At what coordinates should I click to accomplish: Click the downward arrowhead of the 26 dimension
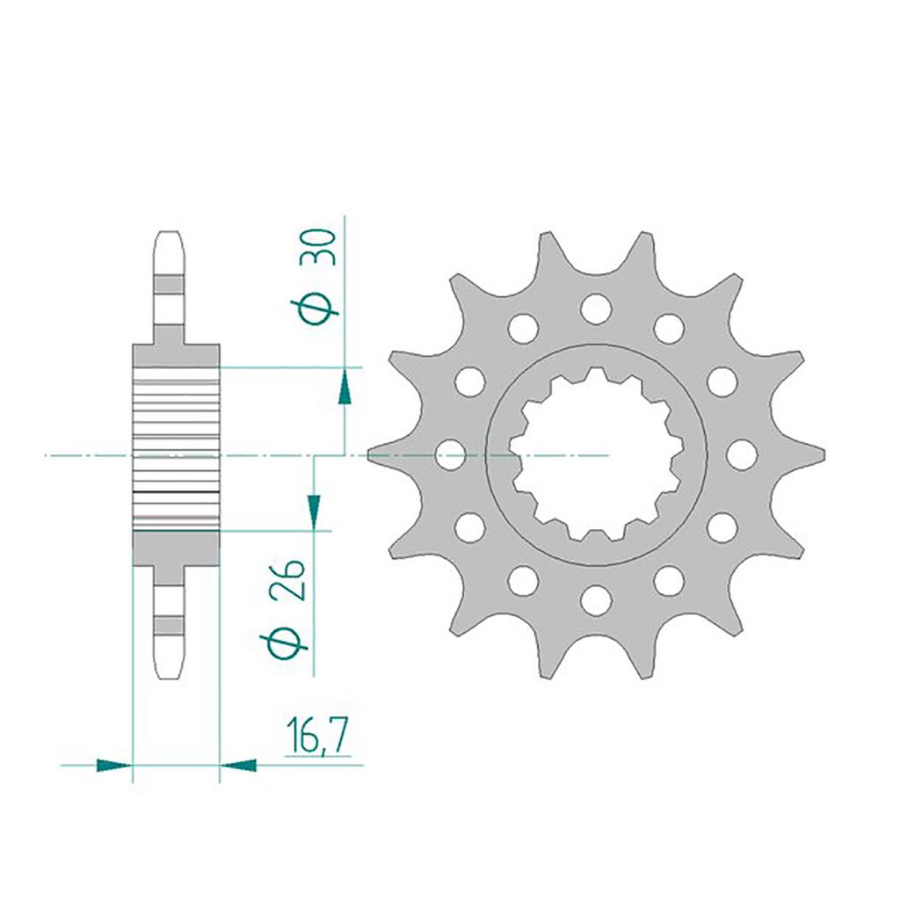pos(314,512)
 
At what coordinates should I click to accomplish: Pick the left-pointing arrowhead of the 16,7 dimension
pos(238,766)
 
